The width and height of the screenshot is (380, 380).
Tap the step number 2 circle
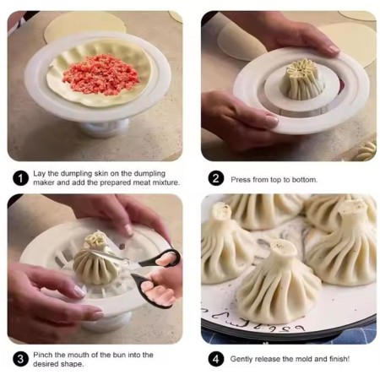(215, 178)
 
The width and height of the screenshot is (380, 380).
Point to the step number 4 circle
(215, 358)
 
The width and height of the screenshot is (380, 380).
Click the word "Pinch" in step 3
(45, 353)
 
